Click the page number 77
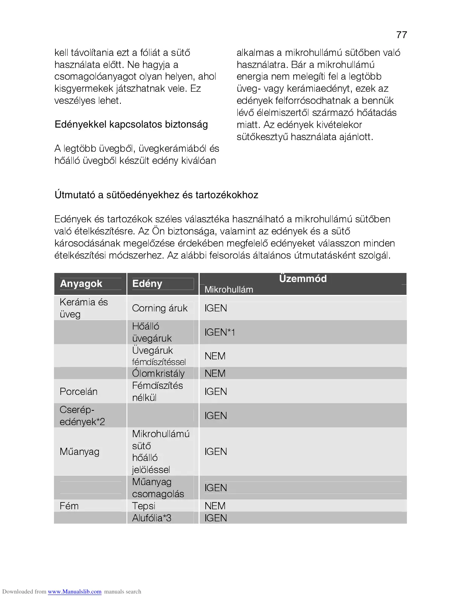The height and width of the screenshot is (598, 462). tap(402, 35)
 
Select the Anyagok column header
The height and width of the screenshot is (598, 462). tap(81, 284)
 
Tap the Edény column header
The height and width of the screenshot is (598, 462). tap(147, 284)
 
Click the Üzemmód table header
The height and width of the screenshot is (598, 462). tap(303, 279)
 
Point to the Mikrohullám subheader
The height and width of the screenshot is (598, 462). tap(229, 290)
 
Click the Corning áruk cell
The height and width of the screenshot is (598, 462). tap(160, 308)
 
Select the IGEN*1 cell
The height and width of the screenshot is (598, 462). tap(220, 332)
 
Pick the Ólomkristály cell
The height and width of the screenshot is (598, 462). tap(158, 373)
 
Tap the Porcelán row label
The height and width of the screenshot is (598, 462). tap(79, 391)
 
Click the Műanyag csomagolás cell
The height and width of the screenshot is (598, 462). tap(158, 488)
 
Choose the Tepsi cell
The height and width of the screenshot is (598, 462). tap(143, 506)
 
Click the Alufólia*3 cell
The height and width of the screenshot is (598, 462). tap(152, 518)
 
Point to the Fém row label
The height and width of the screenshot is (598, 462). tap(69, 506)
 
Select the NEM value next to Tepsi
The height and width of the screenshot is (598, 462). tap(215, 506)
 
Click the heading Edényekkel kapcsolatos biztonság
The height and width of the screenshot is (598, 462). tap(131, 125)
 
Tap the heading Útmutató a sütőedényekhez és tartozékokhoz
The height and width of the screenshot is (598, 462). tap(156, 195)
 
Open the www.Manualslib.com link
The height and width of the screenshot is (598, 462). tap(74, 592)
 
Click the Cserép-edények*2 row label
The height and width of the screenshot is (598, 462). tap(82, 416)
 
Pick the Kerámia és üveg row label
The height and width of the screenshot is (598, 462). tap(83, 308)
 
